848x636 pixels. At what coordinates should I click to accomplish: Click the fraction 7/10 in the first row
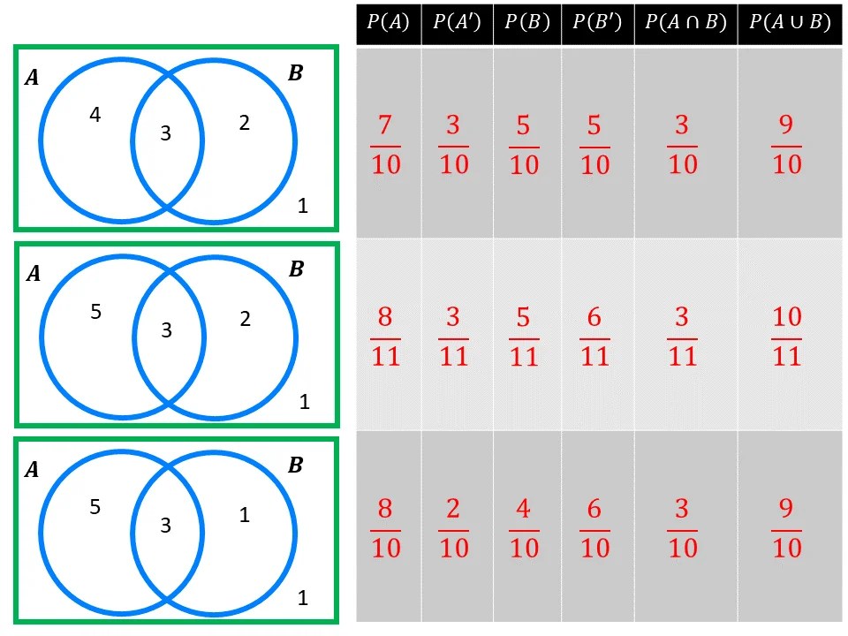tap(386, 146)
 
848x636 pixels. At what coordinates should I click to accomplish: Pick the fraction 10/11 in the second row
tap(787, 337)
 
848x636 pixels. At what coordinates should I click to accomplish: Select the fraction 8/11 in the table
tap(386, 337)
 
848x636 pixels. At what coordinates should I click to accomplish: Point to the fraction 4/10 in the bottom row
tap(524, 528)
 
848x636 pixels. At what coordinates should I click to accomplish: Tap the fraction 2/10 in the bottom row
tap(454, 528)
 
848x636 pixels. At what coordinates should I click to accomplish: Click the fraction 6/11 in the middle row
tap(594, 337)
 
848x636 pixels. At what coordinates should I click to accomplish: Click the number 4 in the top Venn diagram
tap(95, 115)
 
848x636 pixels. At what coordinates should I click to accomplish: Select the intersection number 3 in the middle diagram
tap(166, 331)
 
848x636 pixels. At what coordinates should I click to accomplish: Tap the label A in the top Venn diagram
tap(32, 78)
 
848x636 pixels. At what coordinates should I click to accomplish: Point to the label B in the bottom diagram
tap(296, 465)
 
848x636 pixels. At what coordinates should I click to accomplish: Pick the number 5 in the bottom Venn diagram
tap(95, 507)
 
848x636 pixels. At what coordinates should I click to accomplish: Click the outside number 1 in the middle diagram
tap(304, 403)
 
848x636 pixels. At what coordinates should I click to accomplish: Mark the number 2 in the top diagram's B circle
tap(245, 123)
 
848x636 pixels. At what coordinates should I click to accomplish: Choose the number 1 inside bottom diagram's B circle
tap(245, 515)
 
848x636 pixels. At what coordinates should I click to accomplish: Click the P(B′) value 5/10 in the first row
tap(594, 146)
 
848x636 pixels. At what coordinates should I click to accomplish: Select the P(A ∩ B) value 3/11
tap(683, 337)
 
